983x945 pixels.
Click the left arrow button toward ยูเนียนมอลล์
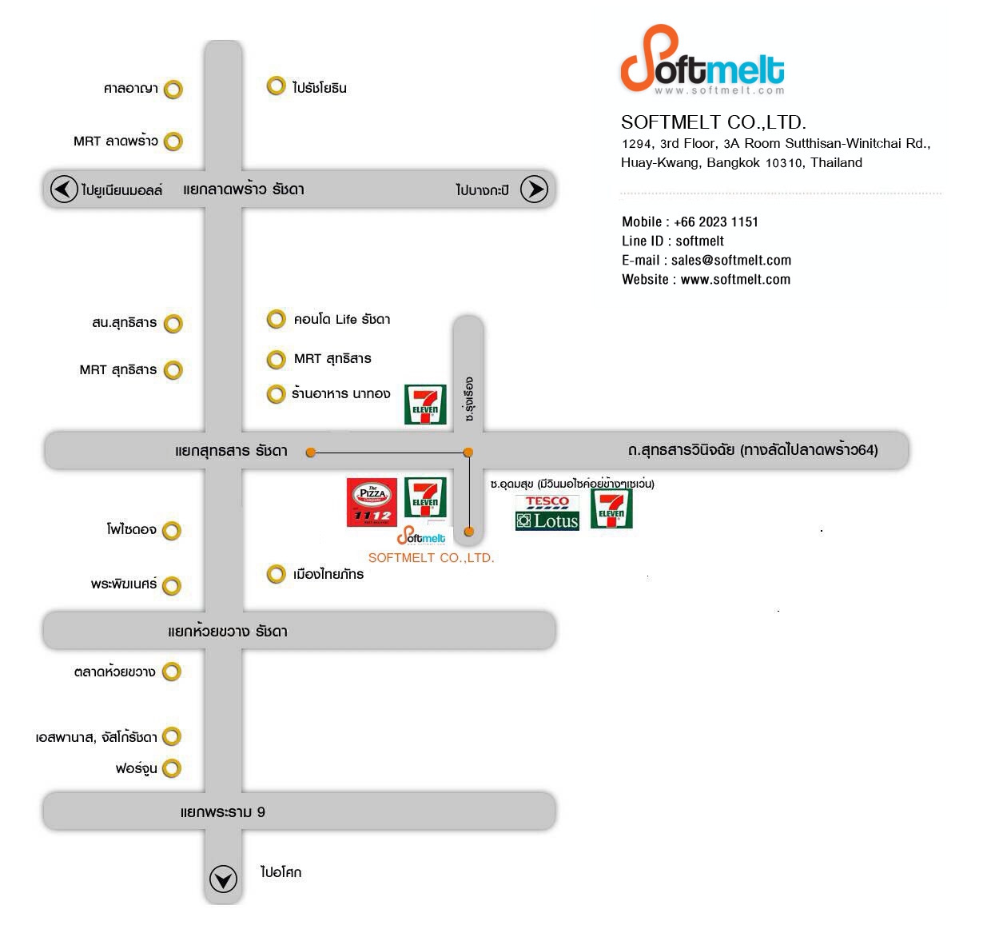pyautogui.click(x=64, y=189)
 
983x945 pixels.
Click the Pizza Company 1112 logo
pyautogui.click(x=372, y=501)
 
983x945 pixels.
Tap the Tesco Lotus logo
pyautogui.click(x=547, y=512)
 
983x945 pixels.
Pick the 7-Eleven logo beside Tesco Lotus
pyautogui.click(x=611, y=508)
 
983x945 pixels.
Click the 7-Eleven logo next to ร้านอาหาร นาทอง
pyautogui.click(x=425, y=404)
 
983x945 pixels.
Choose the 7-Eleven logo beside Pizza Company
pyautogui.click(x=425, y=496)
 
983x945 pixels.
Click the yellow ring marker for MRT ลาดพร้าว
pyautogui.click(x=173, y=141)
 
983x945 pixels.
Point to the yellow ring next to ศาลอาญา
pyautogui.click(x=173, y=89)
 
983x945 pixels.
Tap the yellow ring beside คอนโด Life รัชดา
pyautogui.click(x=276, y=318)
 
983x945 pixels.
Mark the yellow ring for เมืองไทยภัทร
pyautogui.click(x=276, y=573)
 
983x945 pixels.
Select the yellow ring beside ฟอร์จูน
pyautogui.click(x=172, y=768)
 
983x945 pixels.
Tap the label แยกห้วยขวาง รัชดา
pyautogui.click(x=227, y=630)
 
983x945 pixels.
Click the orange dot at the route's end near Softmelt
pyautogui.click(x=468, y=531)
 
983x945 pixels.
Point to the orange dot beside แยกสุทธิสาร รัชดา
pyautogui.click(x=311, y=452)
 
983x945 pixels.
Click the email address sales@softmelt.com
pyautogui.click(x=730, y=260)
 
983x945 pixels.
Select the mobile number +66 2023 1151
pyautogui.click(x=715, y=221)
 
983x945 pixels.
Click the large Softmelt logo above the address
pyautogui.click(x=702, y=60)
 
